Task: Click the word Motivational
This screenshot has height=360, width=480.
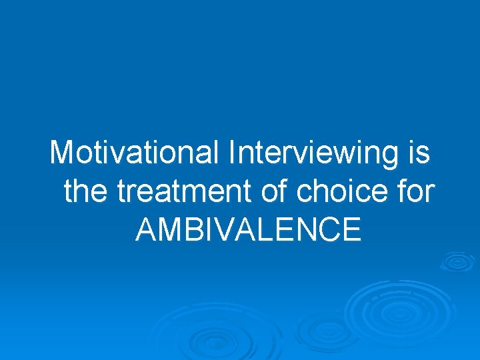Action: pyautogui.click(x=135, y=153)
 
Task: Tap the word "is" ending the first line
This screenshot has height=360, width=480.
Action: pyautogui.click(x=417, y=153)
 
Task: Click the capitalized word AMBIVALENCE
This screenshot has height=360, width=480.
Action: pyautogui.click(x=248, y=230)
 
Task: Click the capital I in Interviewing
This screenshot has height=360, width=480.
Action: pyautogui.click(x=231, y=153)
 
